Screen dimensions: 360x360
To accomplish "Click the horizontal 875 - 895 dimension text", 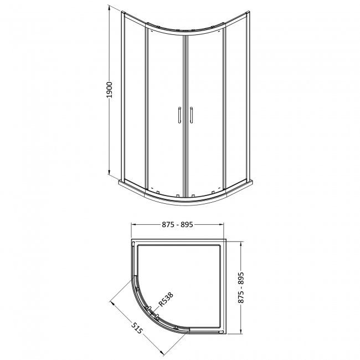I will pyautogui.click(x=178, y=225).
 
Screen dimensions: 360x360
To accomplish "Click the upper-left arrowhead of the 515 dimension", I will pyautogui.click(x=111, y=301).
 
